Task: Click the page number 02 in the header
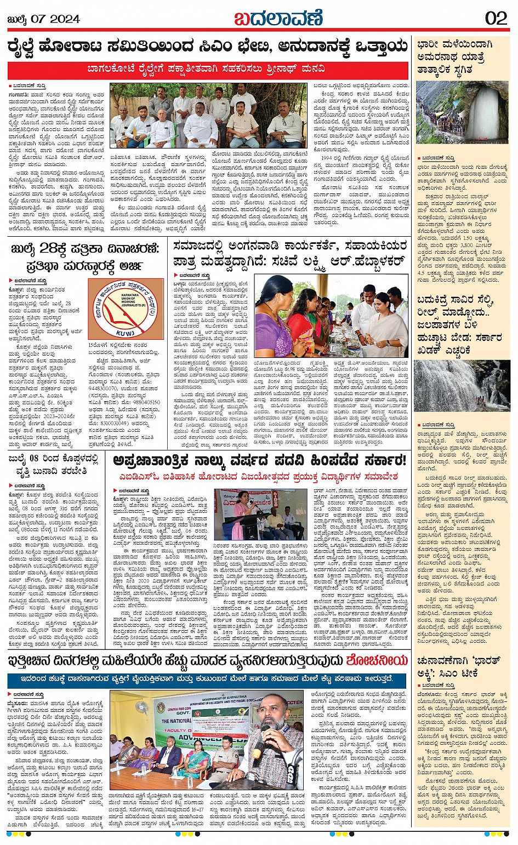click(x=496, y=18)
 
